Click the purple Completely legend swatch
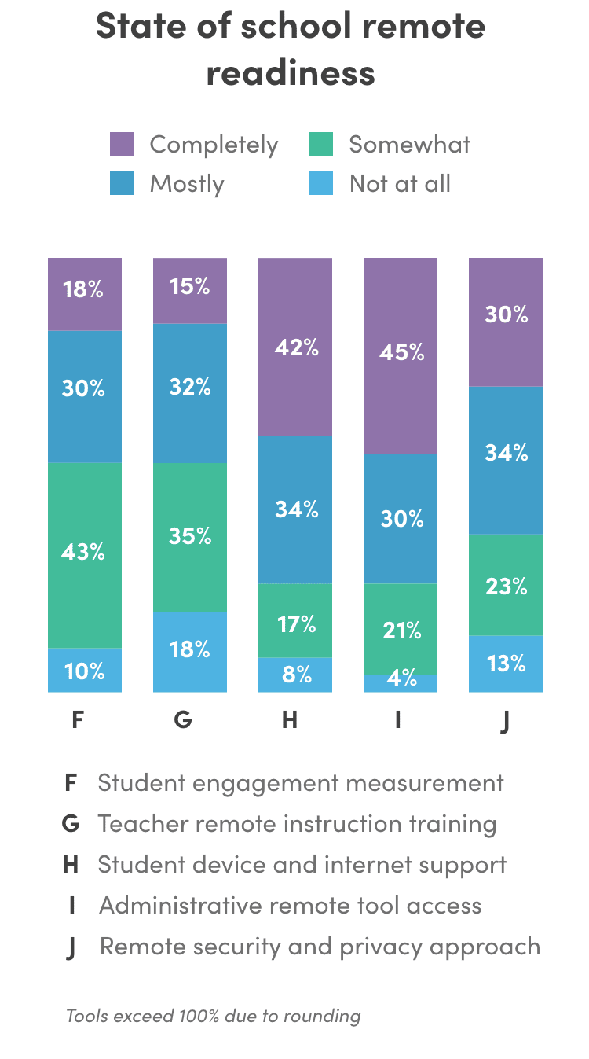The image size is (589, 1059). click(122, 145)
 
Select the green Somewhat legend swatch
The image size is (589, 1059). click(321, 145)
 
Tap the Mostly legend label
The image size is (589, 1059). click(187, 184)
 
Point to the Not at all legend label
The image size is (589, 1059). click(400, 184)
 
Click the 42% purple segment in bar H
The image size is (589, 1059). click(295, 346)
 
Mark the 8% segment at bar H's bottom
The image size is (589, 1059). click(295, 675)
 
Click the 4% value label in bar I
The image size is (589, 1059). click(401, 678)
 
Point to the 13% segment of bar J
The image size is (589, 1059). click(506, 664)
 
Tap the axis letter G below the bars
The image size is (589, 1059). click(183, 719)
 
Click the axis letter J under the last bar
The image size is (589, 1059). click(504, 720)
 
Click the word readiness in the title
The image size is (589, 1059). click(291, 73)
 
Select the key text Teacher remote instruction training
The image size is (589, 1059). click(297, 824)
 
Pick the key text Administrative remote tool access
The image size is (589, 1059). click(290, 906)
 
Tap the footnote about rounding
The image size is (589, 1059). click(213, 1016)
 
